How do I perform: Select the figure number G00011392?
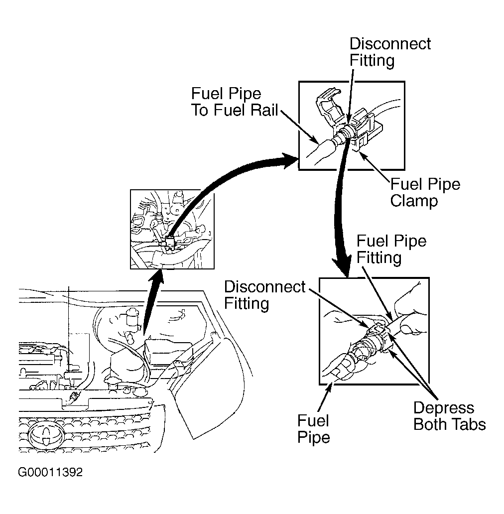click(x=50, y=472)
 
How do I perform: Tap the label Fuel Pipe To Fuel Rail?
click(x=234, y=102)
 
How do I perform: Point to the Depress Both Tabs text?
click(x=449, y=416)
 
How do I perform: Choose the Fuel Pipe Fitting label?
click(x=391, y=250)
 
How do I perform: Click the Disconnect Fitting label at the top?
click(x=390, y=52)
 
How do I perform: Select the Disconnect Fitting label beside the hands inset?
click(x=264, y=295)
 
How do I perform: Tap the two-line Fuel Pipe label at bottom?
click(x=314, y=429)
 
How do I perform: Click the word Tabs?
click(x=468, y=424)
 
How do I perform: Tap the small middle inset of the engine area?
click(x=173, y=229)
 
